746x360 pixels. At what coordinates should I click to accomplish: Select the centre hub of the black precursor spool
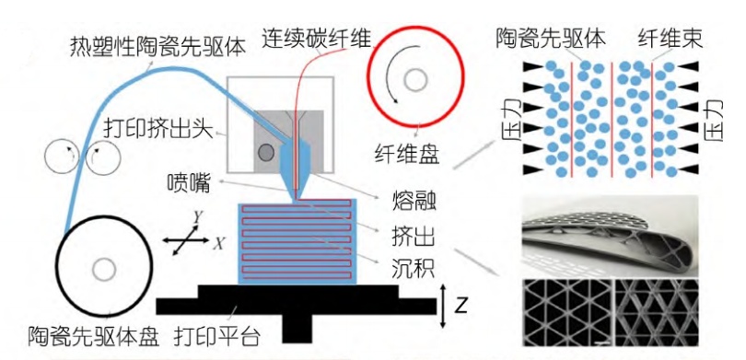(104, 270)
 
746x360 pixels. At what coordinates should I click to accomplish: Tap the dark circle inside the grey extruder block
(266, 151)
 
